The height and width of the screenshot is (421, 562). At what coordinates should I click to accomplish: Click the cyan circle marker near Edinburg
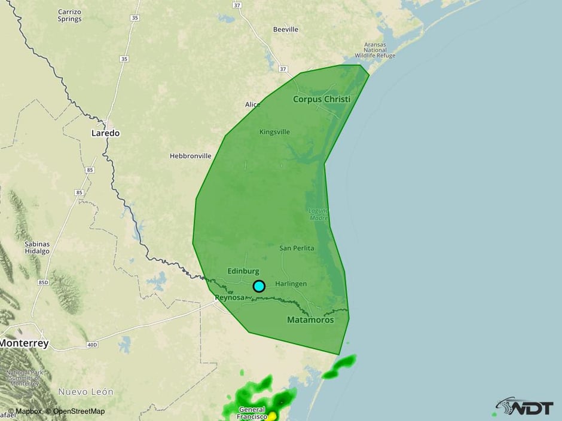click(259, 286)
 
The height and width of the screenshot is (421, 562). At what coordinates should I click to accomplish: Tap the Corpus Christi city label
click(321, 99)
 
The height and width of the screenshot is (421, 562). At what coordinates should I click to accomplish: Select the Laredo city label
click(105, 133)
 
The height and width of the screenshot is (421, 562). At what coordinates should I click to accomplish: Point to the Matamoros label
click(310, 320)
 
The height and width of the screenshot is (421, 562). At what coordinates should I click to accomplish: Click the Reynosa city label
click(230, 297)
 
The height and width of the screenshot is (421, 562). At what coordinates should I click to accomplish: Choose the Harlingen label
click(291, 284)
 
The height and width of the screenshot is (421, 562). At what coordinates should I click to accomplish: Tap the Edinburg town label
click(243, 271)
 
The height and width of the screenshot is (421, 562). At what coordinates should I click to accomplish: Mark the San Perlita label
click(297, 248)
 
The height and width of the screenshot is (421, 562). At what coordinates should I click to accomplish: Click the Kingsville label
click(274, 132)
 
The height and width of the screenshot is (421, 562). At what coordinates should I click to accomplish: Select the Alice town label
click(253, 105)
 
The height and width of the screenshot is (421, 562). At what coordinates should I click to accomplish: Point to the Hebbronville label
click(191, 156)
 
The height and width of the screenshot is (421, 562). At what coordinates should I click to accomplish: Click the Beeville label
click(285, 29)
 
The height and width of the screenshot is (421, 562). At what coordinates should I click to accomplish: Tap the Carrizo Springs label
click(70, 16)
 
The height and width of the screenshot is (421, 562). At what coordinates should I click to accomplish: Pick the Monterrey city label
click(24, 343)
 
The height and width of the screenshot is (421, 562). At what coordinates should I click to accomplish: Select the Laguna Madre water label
click(318, 214)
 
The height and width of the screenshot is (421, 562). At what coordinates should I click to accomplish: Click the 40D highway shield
click(91, 345)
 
